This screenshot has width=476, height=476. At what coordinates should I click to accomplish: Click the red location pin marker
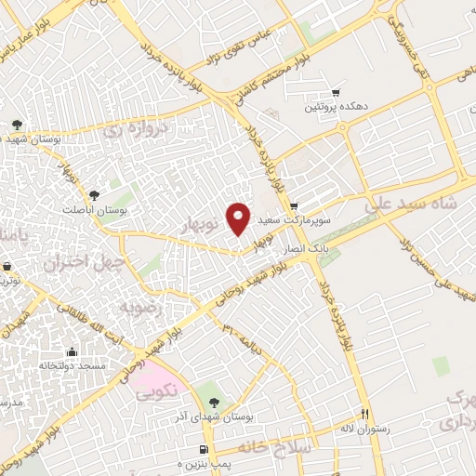[x=239, y=218]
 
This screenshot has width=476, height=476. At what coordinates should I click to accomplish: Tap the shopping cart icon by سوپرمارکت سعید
[x=294, y=206]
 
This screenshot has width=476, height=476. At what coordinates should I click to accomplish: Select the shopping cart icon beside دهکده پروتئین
[x=336, y=92]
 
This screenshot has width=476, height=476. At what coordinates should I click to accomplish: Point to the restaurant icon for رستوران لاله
[x=365, y=415]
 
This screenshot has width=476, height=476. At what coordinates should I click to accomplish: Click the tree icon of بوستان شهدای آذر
[x=215, y=401]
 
